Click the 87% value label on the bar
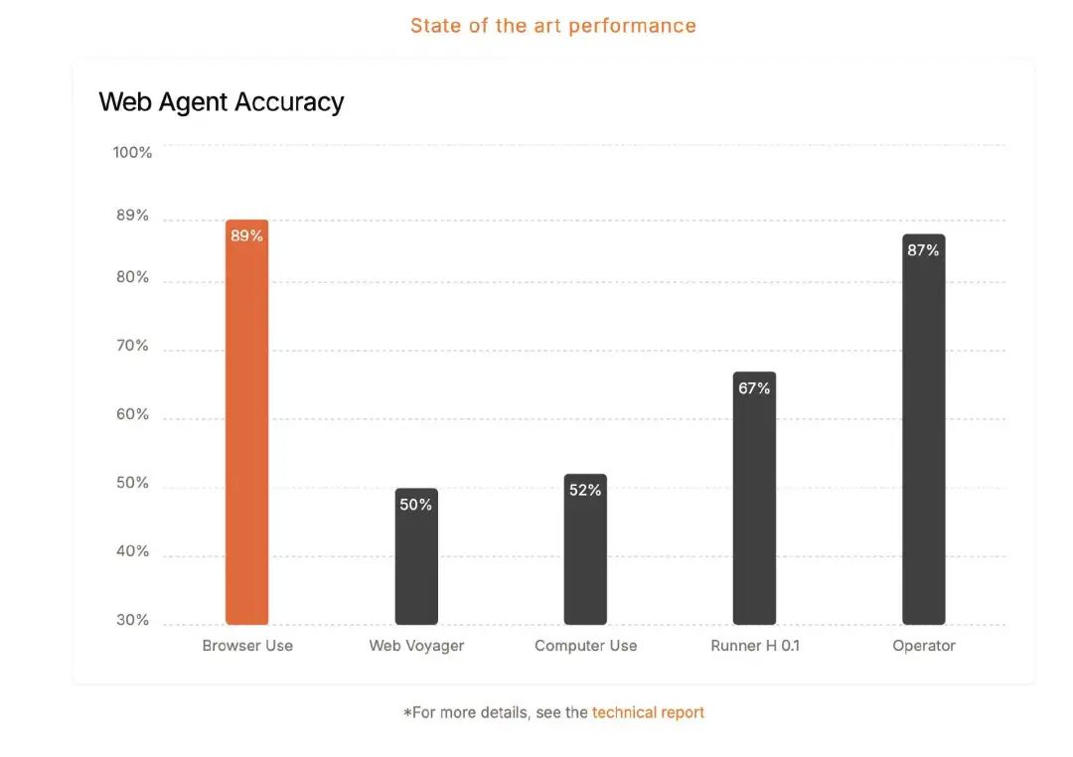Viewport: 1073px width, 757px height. pyautogui.click(x=923, y=250)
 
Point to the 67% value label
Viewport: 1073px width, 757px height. pyautogui.click(x=754, y=388)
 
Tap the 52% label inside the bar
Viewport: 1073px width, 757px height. pyautogui.click(x=585, y=490)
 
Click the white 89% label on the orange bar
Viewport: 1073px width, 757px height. pyautogui.click(x=246, y=235)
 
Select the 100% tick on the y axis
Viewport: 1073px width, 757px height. pyautogui.click(x=132, y=152)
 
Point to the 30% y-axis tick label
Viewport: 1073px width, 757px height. pyautogui.click(x=132, y=620)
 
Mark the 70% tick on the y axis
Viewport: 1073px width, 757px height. pyautogui.click(x=132, y=346)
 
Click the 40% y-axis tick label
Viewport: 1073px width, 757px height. pyautogui.click(x=132, y=551)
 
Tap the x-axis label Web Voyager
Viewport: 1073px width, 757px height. pyautogui.click(x=416, y=646)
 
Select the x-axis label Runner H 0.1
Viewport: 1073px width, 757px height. pyautogui.click(x=755, y=646)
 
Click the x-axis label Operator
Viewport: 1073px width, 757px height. pyautogui.click(x=923, y=646)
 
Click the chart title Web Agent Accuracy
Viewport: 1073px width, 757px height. pyautogui.click(x=222, y=101)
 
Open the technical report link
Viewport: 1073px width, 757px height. pyautogui.click(x=648, y=712)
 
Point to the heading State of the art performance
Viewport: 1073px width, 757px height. pyautogui.click(x=552, y=26)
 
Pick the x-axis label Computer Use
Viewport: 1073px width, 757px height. pyautogui.click(x=585, y=646)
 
